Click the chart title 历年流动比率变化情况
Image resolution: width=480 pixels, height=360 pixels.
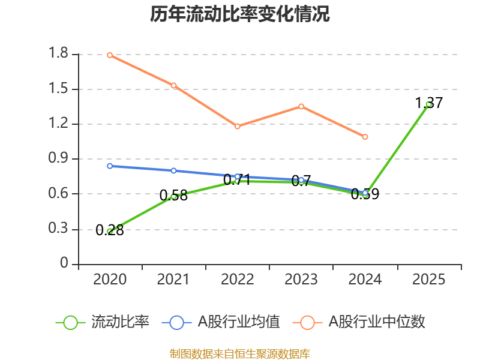(x=240, y=14)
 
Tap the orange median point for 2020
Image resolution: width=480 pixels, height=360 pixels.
(x=110, y=55)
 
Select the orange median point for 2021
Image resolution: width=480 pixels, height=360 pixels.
(x=173, y=85)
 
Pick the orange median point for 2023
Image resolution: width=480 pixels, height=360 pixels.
(x=301, y=106)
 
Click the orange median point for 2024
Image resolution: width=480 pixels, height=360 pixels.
(x=365, y=137)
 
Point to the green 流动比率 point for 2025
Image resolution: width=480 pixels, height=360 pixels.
(x=428, y=104)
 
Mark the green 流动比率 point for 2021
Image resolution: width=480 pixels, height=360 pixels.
(x=173, y=196)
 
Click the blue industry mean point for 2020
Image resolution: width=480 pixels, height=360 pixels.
(x=110, y=166)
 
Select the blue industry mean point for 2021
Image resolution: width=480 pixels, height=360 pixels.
(x=173, y=170)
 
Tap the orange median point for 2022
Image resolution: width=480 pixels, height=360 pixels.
(x=237, y=126)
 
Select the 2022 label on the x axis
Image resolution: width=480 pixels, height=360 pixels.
(x=237, y=280)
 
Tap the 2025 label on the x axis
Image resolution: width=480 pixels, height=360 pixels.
(x=428, y=280)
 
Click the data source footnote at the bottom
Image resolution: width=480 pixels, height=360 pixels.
(x=240, y=353)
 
